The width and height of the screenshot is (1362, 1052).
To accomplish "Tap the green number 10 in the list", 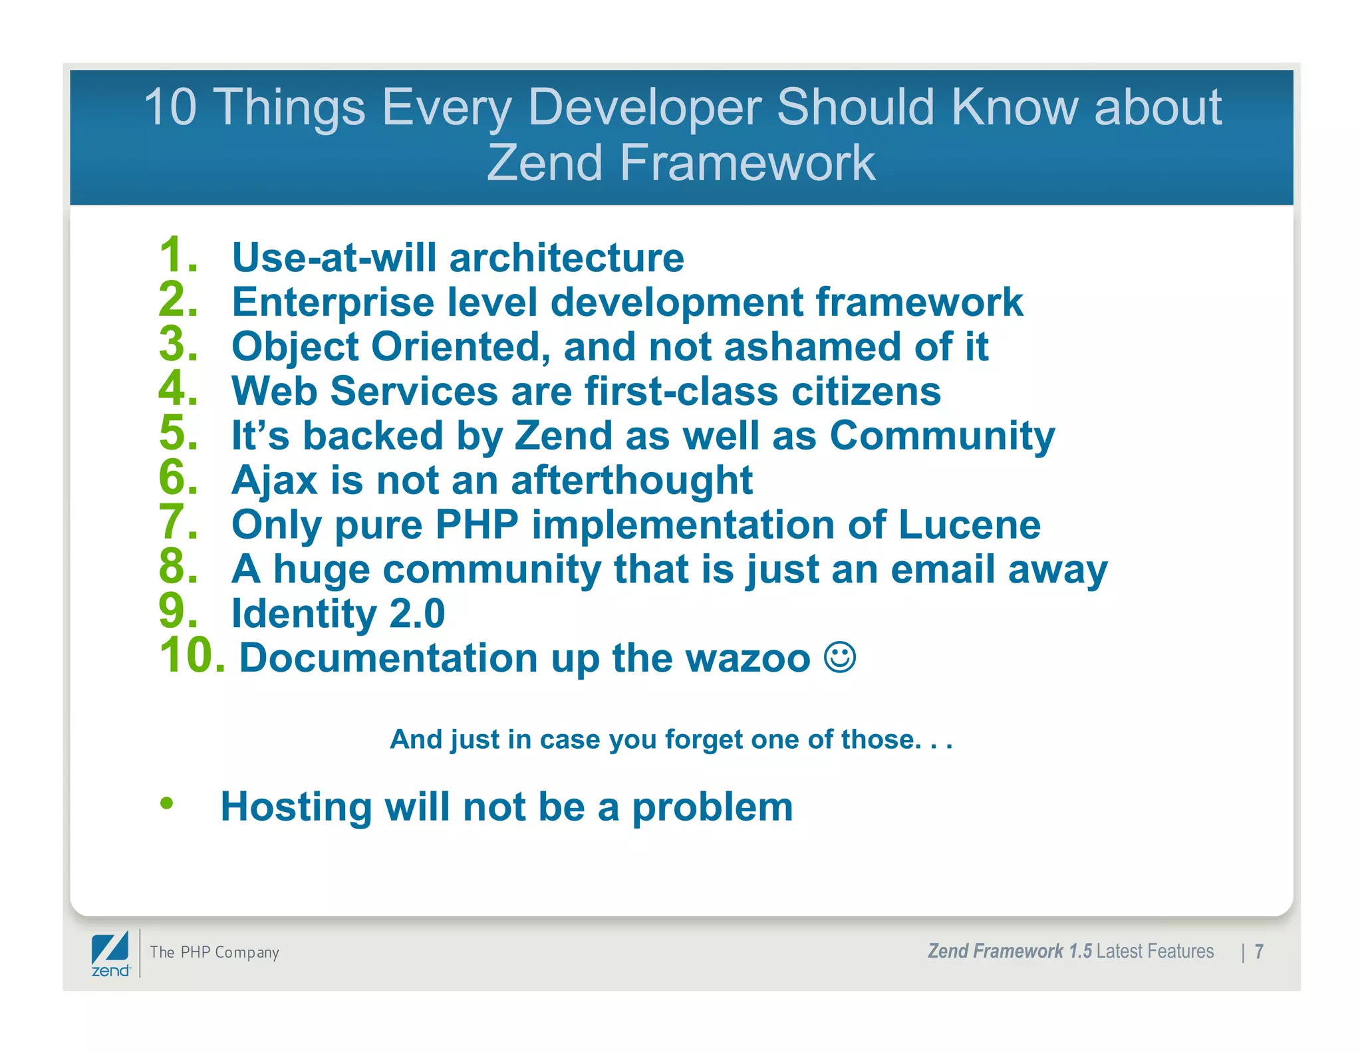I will click(190, 656).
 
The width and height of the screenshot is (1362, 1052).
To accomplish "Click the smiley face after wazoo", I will click(839, 657).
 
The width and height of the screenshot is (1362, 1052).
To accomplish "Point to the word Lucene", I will click(969, 525).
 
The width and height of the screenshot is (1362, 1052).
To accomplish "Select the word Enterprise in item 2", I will click(333, 303).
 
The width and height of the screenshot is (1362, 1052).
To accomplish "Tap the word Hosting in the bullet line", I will click(296, 807).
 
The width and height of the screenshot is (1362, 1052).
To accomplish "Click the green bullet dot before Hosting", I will click(166, 803).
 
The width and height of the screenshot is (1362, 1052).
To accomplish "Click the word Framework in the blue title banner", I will click(748, 163).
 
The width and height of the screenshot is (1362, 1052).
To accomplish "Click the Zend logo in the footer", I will click(110, 954).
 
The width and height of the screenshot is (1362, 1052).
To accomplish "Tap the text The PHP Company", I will click(214, 952).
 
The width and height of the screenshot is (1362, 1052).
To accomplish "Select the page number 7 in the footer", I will click(1258, 952).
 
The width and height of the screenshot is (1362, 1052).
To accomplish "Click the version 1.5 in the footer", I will click(1080, 952).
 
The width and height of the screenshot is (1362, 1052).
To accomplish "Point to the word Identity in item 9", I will click(303, 614).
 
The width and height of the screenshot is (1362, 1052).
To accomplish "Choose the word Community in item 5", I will click(942, 436).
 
